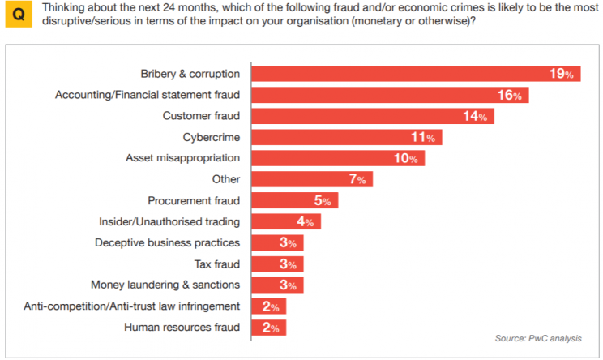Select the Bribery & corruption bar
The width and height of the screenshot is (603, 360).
click(405, 74)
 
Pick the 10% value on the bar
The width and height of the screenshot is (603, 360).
click(405, 158)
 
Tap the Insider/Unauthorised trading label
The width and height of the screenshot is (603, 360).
click(169, 221)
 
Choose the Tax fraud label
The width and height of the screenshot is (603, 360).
click(217, 264)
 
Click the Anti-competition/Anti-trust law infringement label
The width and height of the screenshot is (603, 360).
click(132, 306)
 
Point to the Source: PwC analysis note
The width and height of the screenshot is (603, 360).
click(537, 339)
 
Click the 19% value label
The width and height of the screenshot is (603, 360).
click(561, 74)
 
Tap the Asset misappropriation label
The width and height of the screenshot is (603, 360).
click(183, 158)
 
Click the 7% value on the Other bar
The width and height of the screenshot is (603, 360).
click(357, 179)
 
